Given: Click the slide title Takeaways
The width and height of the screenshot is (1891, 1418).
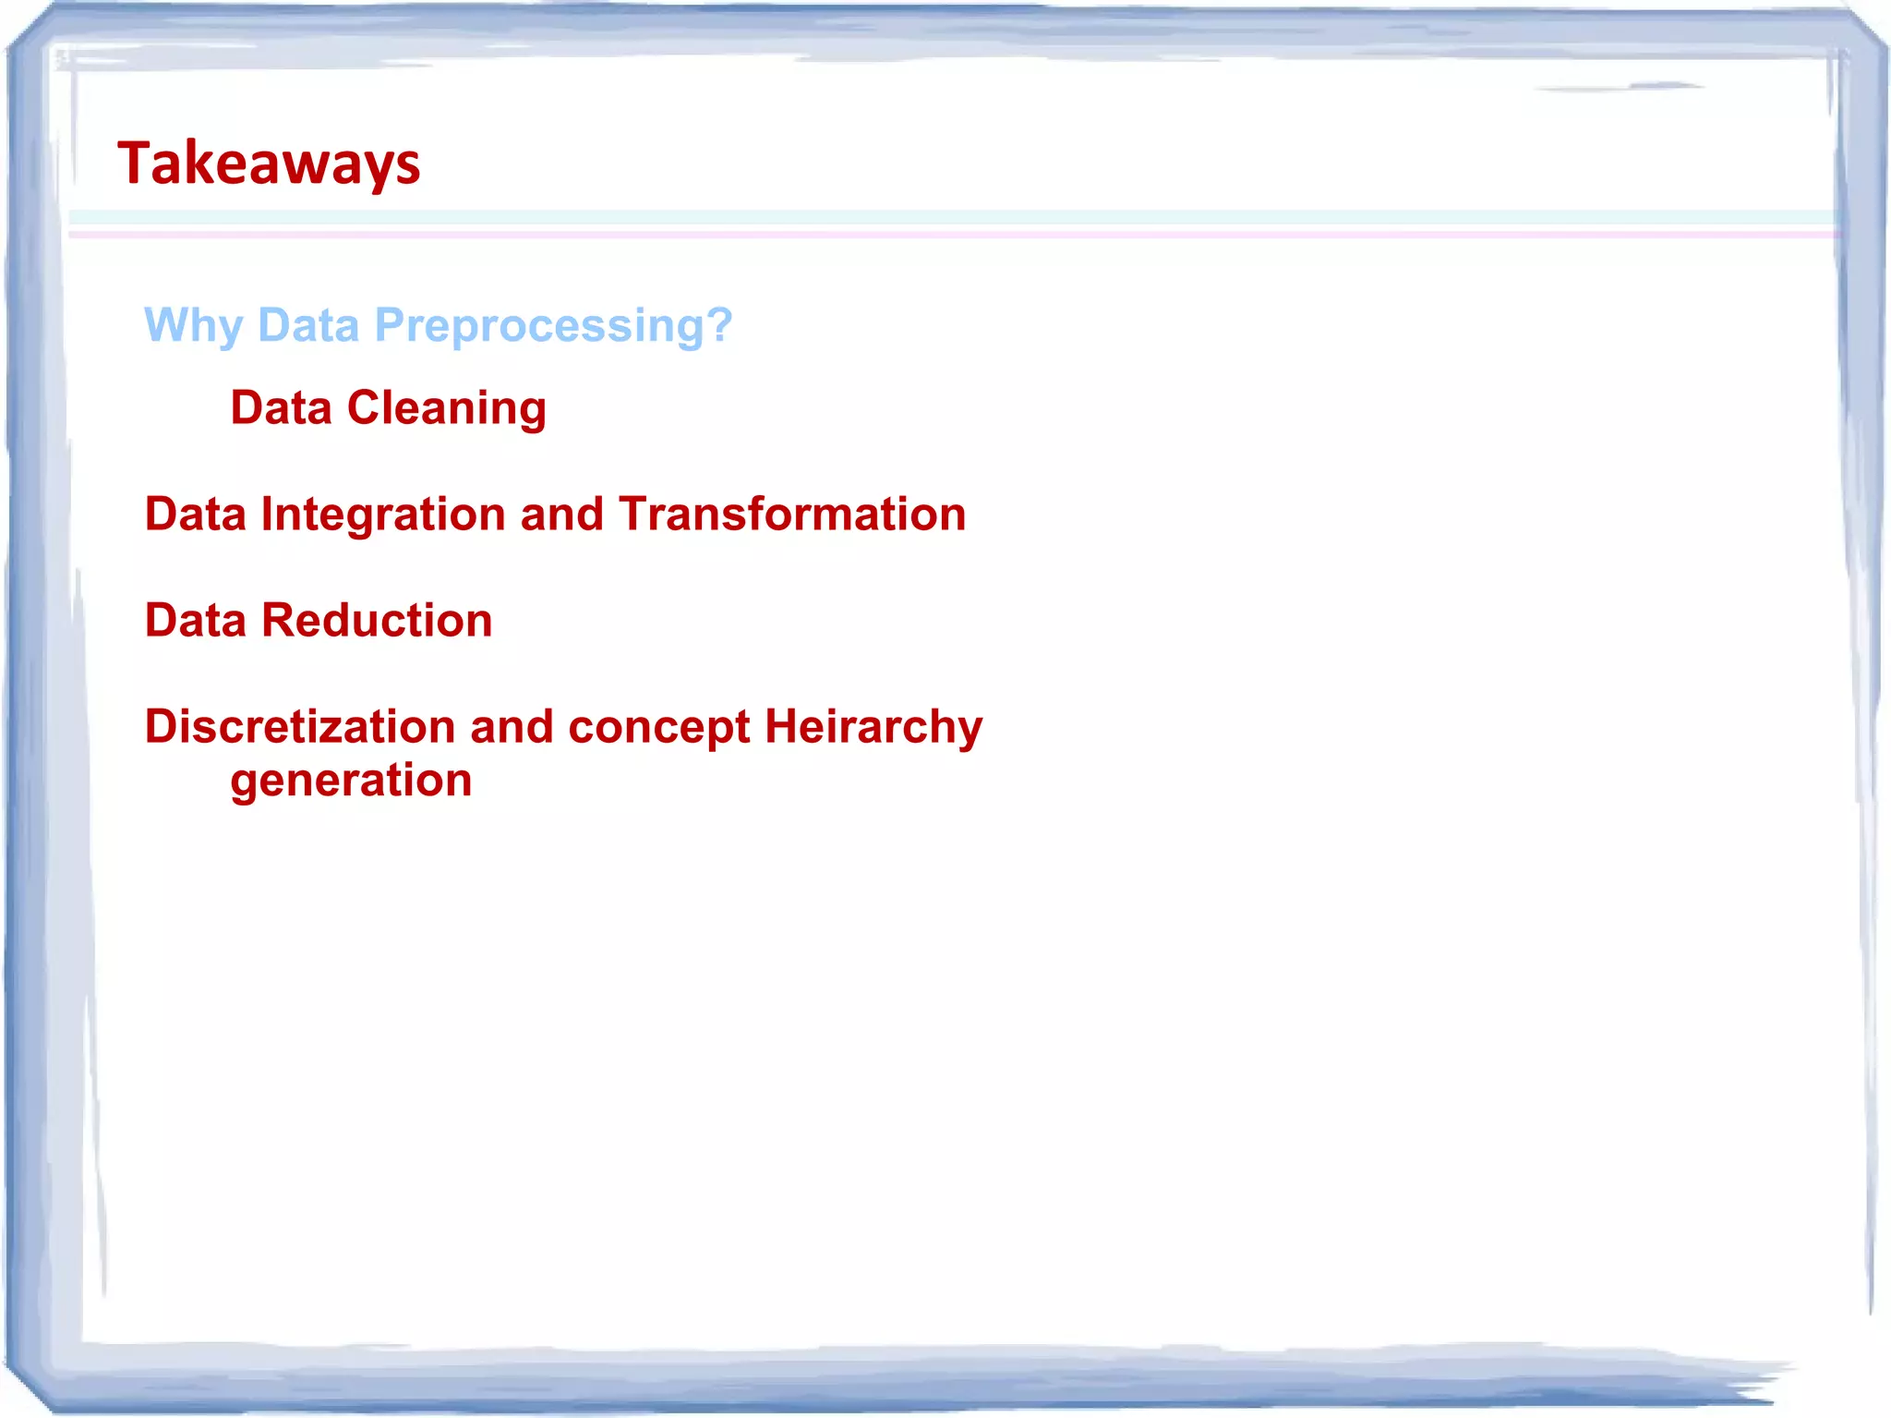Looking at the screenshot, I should (269, 164).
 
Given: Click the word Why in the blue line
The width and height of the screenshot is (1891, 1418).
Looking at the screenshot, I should (193, 325).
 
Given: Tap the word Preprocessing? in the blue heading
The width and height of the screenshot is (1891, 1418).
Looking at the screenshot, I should (552, 325).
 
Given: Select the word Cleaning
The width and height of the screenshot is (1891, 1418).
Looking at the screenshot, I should (446, 407).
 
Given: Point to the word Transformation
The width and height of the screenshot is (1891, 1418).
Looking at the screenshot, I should (792, 514).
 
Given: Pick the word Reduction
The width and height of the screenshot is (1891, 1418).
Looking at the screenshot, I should (377, 620).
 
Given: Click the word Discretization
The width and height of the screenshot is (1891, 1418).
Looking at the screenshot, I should (300, 726).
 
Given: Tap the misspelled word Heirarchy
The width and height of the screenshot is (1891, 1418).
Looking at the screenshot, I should (873, 726).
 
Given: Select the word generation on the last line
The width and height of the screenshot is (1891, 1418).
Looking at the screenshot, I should (351, 781).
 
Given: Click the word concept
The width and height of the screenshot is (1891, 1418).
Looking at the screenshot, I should (658, 726).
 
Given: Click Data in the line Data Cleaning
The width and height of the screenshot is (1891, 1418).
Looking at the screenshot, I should (281, 407).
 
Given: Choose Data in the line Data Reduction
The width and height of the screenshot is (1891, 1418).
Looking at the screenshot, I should (196, 620).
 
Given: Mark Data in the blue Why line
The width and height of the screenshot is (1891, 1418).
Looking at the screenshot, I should (307, 325).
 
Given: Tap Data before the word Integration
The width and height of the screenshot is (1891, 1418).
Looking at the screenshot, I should (196, 514).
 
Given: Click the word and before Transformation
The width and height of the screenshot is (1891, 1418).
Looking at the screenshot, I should (561, 514).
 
